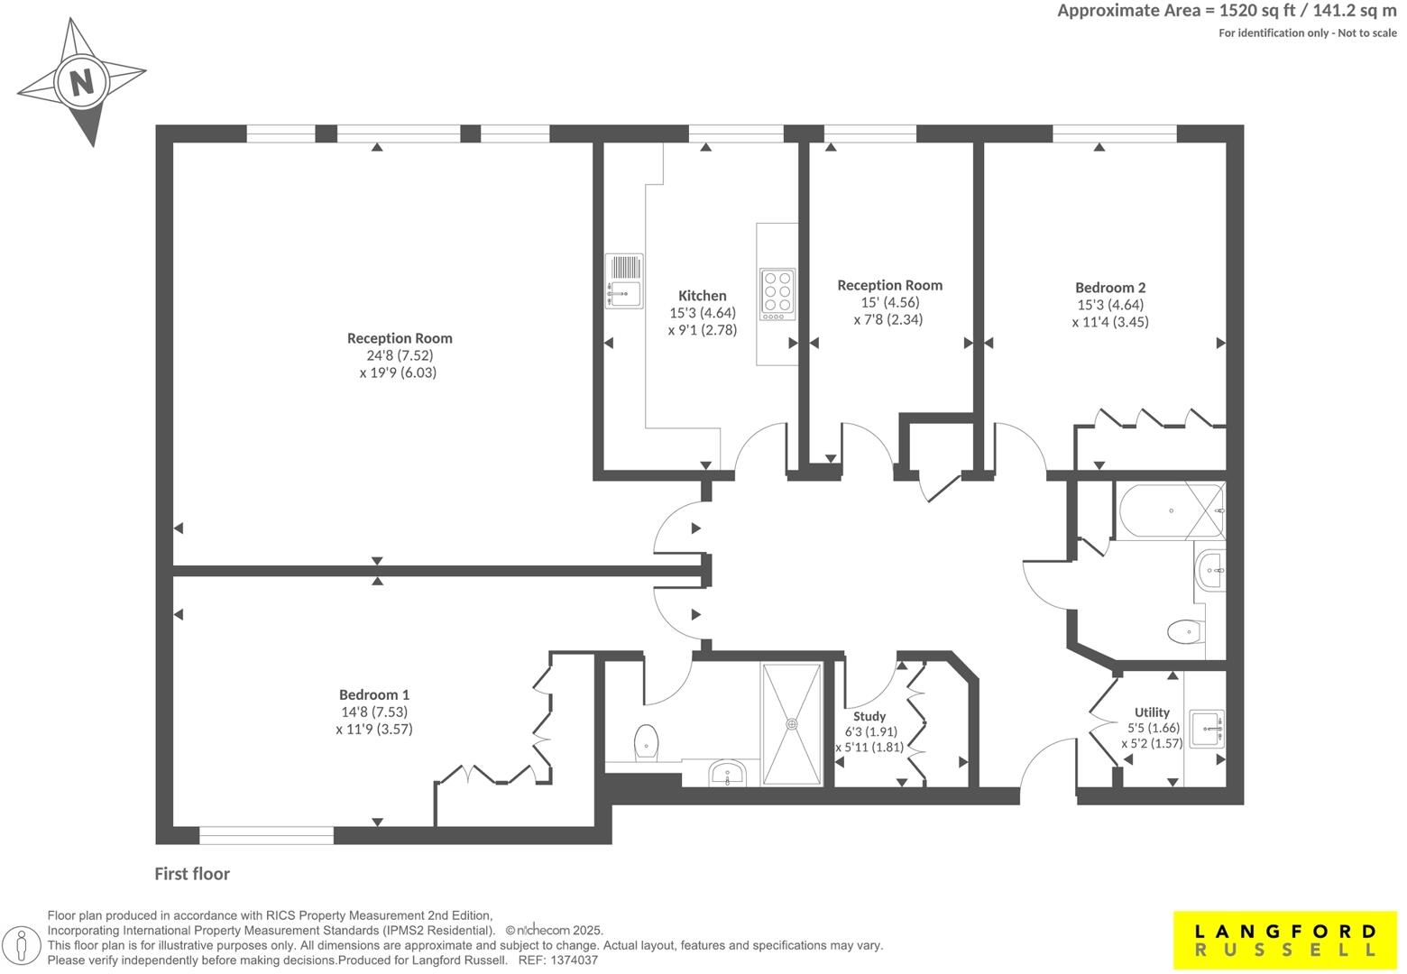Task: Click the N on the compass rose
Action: click(82, 83)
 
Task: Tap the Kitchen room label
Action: click(702, 296)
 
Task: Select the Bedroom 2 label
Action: click(1110, 288)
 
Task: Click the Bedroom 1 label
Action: click(374, 694)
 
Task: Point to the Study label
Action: click(869, 716)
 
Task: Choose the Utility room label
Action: click(1152, 712)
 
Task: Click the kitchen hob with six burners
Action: click(777, 293)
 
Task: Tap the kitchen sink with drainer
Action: click(624, 280)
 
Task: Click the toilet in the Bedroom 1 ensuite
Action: click(645, 742)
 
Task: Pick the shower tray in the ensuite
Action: click(792, 724)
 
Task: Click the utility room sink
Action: click(1206, 729)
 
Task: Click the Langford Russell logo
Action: click(1285, 940)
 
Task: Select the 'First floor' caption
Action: click(192, 874)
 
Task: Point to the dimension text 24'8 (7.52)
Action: click(400, 355)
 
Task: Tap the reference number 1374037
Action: click(573, 960)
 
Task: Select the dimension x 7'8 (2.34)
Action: click(888, 319)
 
